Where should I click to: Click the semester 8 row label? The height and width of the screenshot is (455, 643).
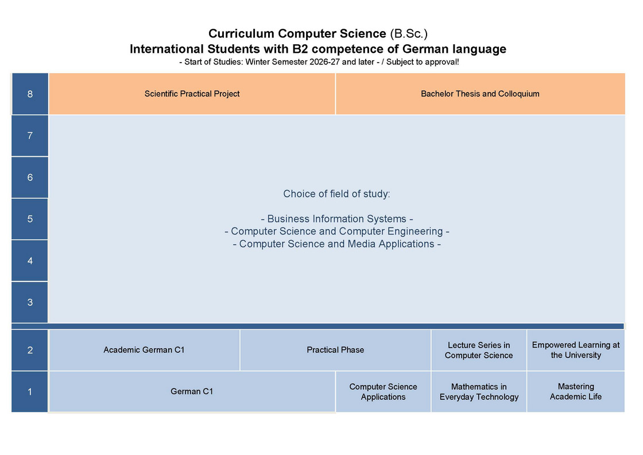pyautogui.click(x=30, y=94)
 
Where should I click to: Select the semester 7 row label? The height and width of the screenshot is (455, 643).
pyautogui.click(x=30, y=136)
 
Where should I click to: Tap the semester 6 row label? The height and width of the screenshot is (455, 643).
pyautogui.click(x=30, y=178)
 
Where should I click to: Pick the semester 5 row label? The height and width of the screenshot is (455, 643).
pyautogui.click(x=30, y=219)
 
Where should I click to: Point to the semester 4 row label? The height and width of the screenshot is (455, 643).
pyautogui.click(x=30, y=261)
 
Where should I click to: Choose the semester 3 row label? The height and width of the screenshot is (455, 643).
pyautogui.click(x=30, y=302)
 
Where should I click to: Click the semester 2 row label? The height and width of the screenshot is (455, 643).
pyautogui.click(x=30, y=350)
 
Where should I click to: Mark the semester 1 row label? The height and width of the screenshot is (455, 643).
pyautogui.click(x=30, y=392)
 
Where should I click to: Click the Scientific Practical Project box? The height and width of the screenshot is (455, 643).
pyautogui.click(x=192, y=94)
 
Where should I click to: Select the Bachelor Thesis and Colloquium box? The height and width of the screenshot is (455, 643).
pyautogui.click(x=480, y=94)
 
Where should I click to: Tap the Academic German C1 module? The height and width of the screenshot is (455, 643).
pyautogui.click(x=144, y=350)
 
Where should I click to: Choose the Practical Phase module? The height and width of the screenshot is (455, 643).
pyautogui.click(x=335, y=350)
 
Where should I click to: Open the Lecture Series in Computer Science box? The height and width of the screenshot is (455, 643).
pyautogui.click(x=479, y=350)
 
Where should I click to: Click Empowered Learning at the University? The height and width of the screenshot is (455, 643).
pyautogui.click(x=576, y=350)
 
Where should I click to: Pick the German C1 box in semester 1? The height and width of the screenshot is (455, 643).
pyautogui.click(x=192, y=392)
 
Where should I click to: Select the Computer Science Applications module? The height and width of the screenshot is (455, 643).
pyautogui.click(x=383, y=392)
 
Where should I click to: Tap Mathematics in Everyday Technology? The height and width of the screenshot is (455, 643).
pyautogui.click(x=479, y=392)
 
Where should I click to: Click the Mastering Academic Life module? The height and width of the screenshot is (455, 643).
pyautogui.click(x=576, y=392)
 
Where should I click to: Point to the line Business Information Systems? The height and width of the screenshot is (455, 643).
pyautogui.click(x=337, y=219)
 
